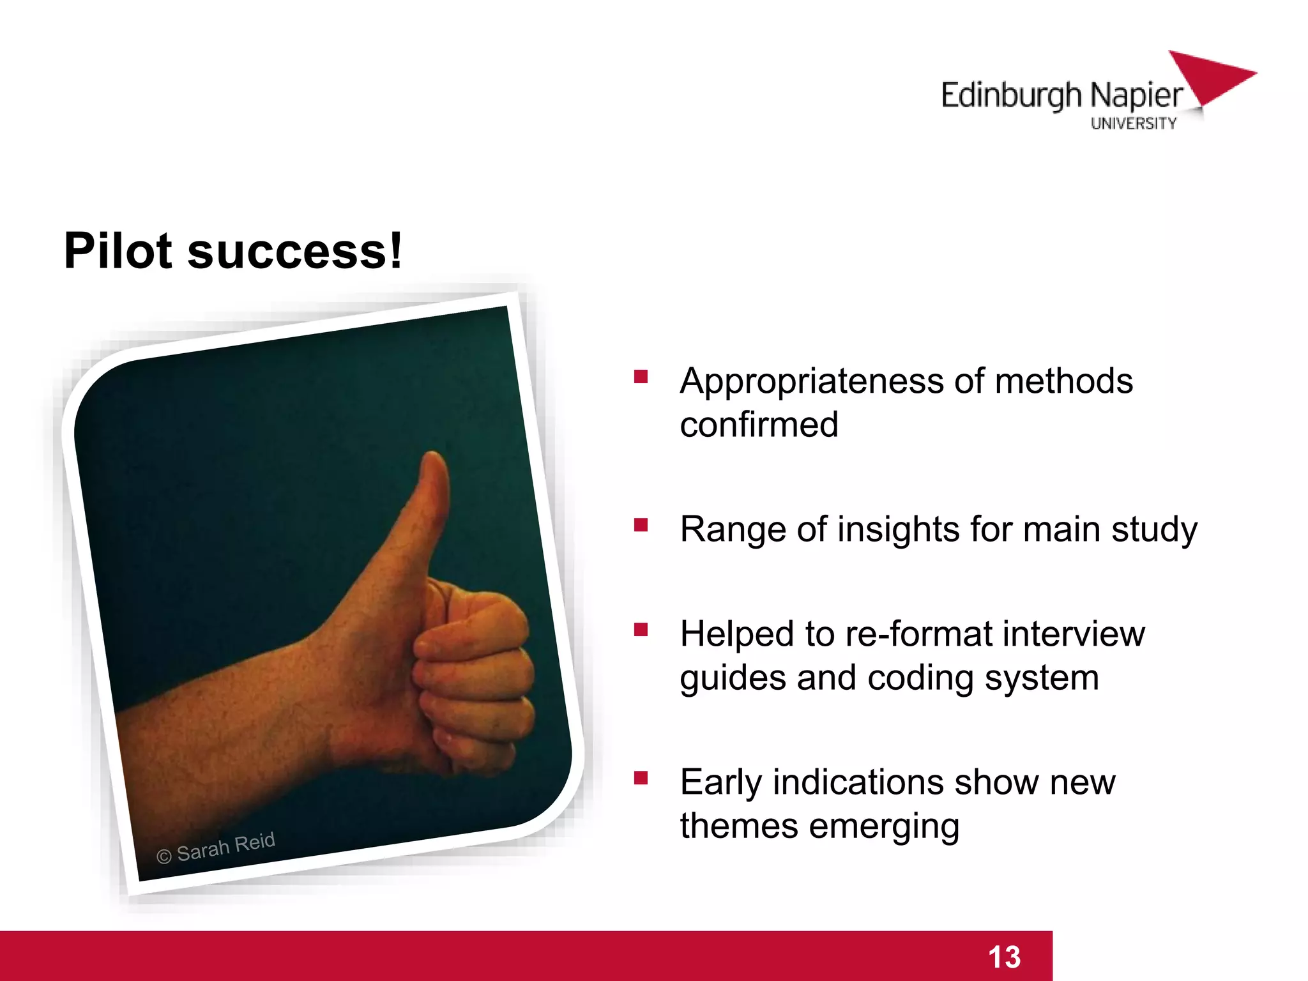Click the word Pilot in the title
coord(118,251)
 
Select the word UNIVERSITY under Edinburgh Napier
coord(1133,123)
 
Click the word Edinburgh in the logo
coord(1011,96)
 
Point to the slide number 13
coord(1004,957)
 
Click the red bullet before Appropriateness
coord(641,376)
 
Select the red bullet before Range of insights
coord(641,524)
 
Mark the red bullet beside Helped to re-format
coord(641,630)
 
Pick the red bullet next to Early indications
coord(641,777)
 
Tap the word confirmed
coord(759,425)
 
